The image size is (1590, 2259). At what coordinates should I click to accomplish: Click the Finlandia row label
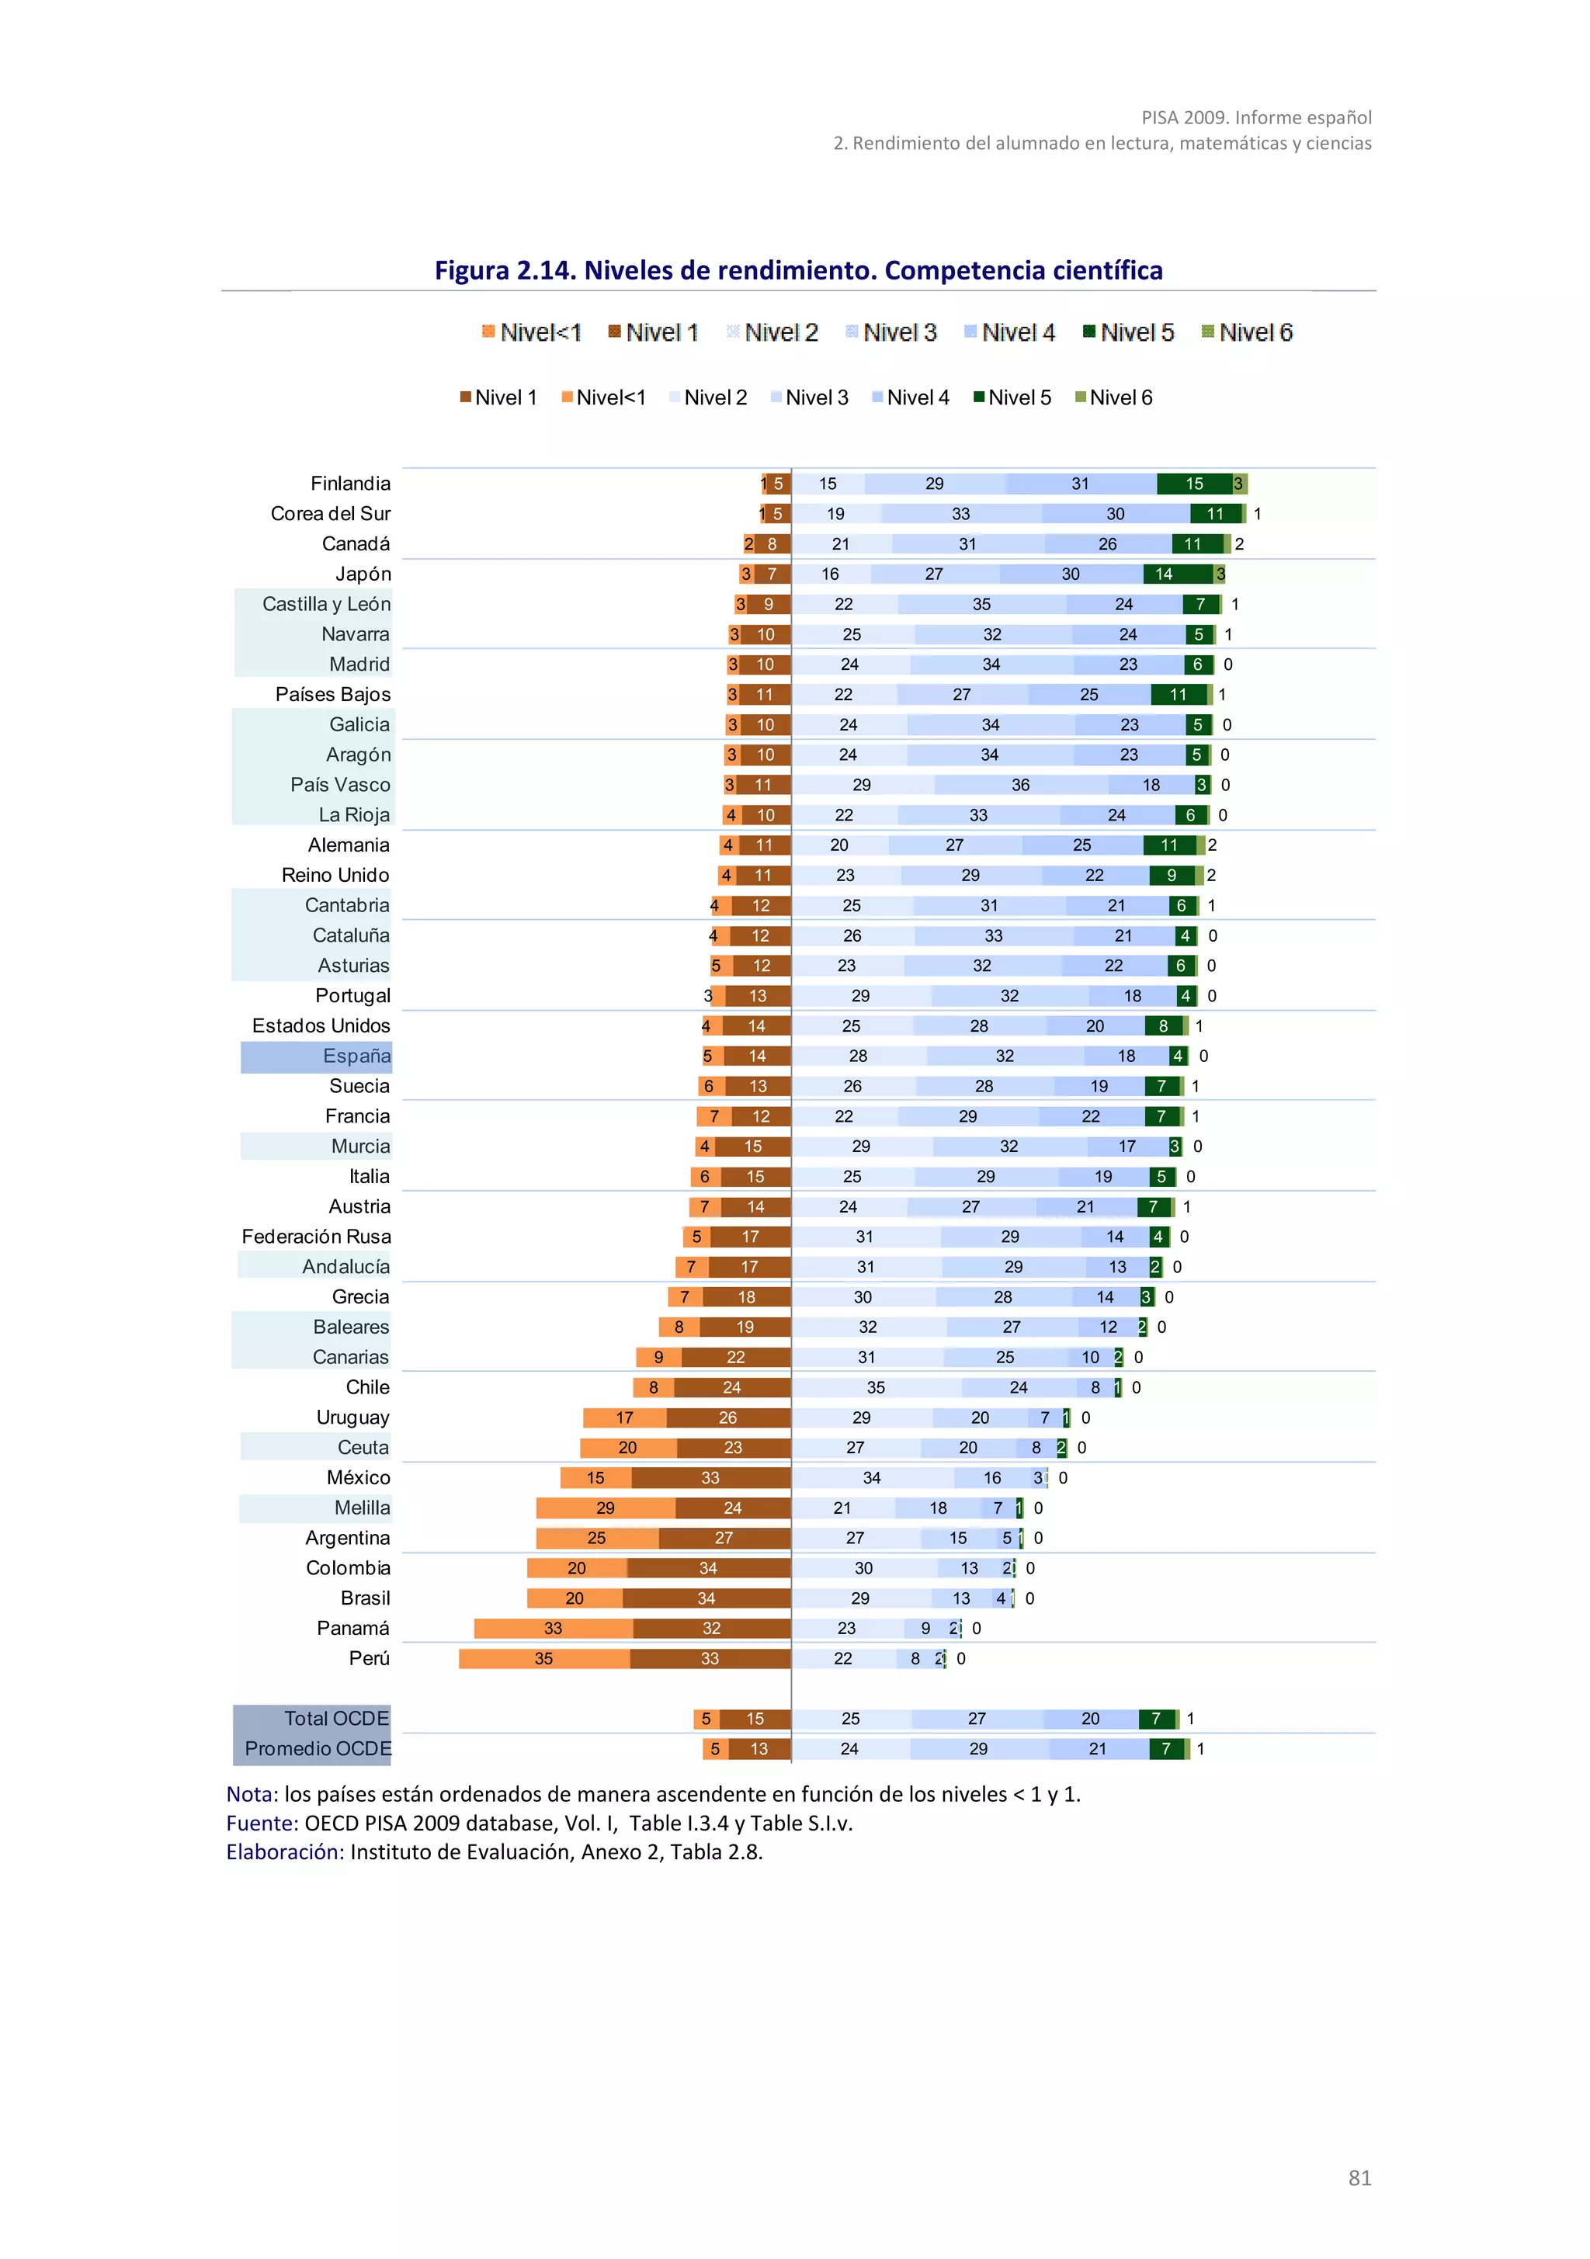tap(350, 483)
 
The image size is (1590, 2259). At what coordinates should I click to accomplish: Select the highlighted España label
tap(356, 1056)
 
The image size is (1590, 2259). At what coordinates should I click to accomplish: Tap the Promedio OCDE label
tap(317, 1748)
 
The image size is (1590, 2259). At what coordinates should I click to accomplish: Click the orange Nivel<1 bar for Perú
tap(543, 1658)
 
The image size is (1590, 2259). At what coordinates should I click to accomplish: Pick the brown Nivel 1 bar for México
tap(710, 1478)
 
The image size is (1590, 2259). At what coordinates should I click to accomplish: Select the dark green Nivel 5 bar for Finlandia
tap(1193, 483)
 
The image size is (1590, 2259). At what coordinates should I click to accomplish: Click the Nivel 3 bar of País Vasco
tap(1020, 785)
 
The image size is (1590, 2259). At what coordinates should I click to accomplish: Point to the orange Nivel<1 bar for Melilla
tap(605, 1508)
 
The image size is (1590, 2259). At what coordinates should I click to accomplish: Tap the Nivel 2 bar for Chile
tap(876, 1387)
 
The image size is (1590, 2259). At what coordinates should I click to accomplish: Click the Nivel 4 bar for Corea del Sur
tap(1115, 514)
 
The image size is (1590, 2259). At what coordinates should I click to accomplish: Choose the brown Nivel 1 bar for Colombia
tap(708, 1567)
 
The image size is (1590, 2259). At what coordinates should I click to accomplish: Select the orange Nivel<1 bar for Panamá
tap(553, 1629)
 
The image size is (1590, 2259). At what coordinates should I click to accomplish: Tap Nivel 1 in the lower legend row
tap(499, 397)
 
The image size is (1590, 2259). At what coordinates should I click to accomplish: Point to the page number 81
tap(1359, 2177)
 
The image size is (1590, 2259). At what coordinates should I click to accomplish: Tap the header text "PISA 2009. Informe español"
tap(1255, 117)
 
